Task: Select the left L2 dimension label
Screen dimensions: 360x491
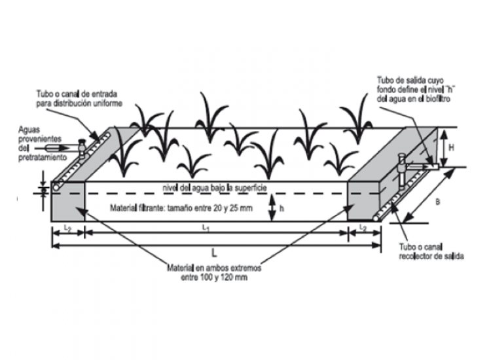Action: coord(68,226)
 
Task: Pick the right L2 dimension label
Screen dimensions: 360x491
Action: coord(363,226)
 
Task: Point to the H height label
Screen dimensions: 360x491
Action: coord(452,149)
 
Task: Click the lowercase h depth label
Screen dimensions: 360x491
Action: coord(282,208)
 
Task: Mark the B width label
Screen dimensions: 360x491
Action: coord(437,202)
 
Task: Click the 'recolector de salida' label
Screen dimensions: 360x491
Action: coord(431,257)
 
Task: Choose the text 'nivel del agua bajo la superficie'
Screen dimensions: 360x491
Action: coord(215,189)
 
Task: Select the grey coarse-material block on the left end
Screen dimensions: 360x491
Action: coord(68,203)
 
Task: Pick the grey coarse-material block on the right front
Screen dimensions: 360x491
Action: coord(363,203)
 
